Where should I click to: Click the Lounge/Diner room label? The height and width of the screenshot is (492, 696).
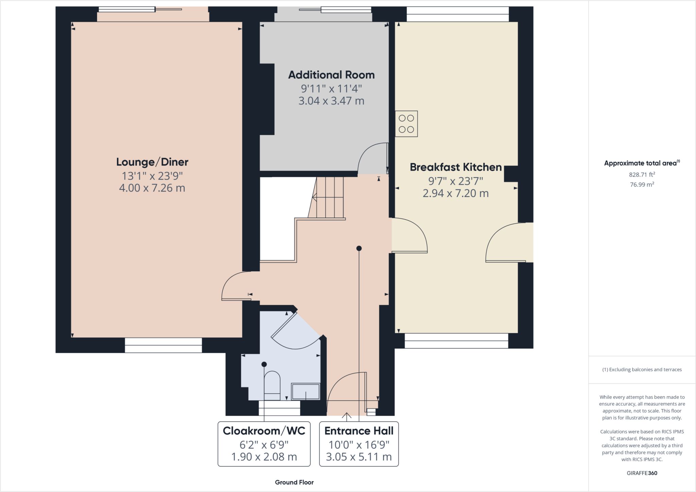click(x=152, y=162)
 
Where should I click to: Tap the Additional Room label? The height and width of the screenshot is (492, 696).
click(x=331, y=75)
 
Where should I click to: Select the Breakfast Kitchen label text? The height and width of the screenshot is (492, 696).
click(x=456, y=167)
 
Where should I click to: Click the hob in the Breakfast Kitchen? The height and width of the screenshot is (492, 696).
click(x=406, y=124)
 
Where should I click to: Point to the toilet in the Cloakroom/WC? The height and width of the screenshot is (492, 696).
click(x=272, y=385)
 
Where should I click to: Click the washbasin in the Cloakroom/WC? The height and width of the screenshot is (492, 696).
click(x=306, y=391)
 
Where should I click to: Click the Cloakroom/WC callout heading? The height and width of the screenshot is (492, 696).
click(x=264, y=431)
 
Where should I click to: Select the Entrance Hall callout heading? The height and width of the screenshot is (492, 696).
click(x=359, y=431)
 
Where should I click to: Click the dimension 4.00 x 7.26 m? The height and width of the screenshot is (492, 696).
click(x=152, y=188)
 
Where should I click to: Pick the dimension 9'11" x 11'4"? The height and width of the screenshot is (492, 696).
click(x=331, y=89)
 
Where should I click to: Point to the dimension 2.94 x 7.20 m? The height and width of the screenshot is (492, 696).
click(x=456, y=193)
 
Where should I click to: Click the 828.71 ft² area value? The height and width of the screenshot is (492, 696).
click(x=642, y=175)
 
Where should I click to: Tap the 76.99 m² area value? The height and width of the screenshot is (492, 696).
click(x=642, y=184)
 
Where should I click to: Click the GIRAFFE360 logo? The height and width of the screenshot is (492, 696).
click(x=642, y=473)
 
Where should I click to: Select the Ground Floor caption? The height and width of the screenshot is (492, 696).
click(x=294, y=482)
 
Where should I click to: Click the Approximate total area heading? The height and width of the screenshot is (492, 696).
click(x=642, y=163)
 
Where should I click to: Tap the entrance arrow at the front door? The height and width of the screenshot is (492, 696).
click(x=347, y=417)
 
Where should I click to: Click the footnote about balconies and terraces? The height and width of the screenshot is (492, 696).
click(x=642, y=369)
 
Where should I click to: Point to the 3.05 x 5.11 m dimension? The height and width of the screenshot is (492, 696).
click(x=359, y=457)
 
